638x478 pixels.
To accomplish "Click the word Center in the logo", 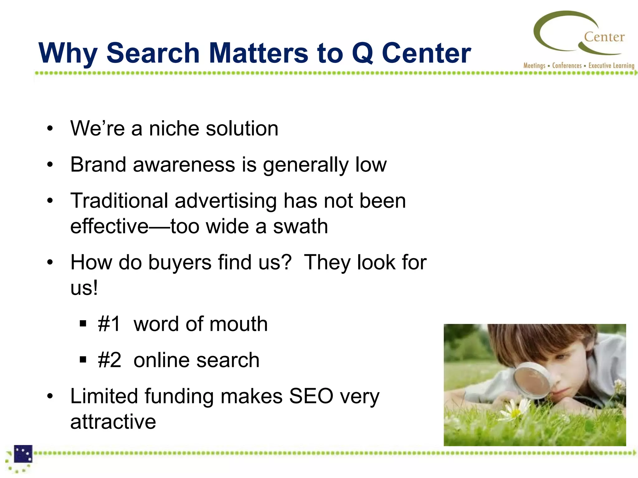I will click(x=604, y=37).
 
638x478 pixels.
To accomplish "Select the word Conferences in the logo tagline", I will click(x=567, y=66).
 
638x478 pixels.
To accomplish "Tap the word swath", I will click(x=300, y=226).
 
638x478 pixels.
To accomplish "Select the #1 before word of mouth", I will click(x=109, y=324).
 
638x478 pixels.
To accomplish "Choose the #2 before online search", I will click(x=109, y=360).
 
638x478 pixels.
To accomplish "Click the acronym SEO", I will click(x=311, y=396).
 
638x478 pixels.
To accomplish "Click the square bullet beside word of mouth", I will click(x=83, y=324).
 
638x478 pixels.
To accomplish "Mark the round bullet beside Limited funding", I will click(x=50, y=396).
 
